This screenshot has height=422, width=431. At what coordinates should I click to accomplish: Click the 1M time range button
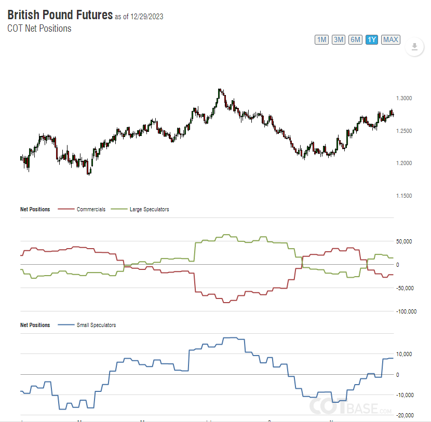coord(321,39)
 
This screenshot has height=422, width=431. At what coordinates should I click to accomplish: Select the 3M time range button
coord(339,39)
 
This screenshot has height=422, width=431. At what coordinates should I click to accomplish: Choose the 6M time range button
coord(355,39)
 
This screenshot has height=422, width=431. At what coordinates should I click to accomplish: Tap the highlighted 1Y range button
coord(371,39)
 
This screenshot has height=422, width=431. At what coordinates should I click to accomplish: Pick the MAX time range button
coord(390,39)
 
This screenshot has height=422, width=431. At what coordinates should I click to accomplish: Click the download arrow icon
coord(414,47)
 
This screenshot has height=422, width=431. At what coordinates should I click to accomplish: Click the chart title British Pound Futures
coord(60,15)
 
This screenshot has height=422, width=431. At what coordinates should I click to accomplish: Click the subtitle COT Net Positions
coord(39,29)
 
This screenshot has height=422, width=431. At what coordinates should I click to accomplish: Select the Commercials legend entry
coord(90,209)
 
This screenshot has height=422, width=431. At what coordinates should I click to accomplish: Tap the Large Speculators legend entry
coord(149,209)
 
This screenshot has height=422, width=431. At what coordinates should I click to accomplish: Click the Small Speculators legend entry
coord(96,325)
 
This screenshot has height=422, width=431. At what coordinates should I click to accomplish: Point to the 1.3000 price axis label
coord(404,98)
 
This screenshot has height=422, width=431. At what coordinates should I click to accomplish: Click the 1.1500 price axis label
coord(404,196)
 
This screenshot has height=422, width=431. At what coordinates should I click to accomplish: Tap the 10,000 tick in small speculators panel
coord(405,354)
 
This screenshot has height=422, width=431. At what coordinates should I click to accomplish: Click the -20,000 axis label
coord(405,415)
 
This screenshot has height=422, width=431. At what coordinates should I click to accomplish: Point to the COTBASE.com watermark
coord(351,407)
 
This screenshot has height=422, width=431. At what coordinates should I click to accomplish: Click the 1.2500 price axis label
coord(404,131)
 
